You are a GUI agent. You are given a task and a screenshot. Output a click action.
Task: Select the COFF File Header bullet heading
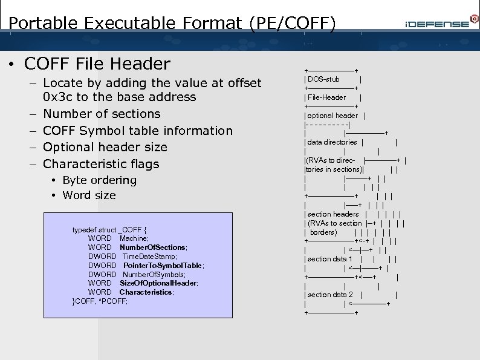(97, 64)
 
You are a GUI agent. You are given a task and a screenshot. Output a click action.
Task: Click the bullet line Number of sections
(102, 114)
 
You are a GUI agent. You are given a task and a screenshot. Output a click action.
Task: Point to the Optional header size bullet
(105, 147)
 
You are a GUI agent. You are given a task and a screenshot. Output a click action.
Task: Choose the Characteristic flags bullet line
(101, 164)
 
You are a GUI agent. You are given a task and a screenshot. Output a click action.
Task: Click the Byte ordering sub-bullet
(99, 180)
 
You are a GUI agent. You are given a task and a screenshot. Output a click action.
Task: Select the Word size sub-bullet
(89, 195)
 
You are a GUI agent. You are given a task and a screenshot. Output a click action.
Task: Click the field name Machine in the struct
(134, 238)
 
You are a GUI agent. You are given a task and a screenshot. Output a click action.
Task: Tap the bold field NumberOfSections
(153, 247)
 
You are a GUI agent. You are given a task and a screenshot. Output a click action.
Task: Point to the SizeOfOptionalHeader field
(158, 283)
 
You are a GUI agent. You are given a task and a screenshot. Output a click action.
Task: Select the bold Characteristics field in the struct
(146, 292)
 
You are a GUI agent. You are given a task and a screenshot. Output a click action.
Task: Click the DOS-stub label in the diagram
(323, 79)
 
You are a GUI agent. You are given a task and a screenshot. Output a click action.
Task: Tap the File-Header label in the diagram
(326, 97)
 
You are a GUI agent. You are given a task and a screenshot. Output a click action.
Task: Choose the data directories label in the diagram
(332, 142)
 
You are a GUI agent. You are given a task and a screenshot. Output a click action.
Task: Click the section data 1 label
(329, 259)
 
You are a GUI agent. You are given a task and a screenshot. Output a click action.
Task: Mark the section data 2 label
(329, 295)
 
